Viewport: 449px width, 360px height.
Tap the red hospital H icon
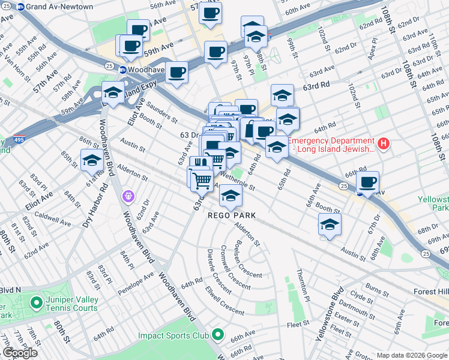click(383, 144)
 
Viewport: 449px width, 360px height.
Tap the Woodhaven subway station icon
click(122, 70)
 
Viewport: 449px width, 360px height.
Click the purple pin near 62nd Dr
click(127, 196)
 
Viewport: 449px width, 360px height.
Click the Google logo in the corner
click(20, 353)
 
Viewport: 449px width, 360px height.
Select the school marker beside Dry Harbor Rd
click(92, 160)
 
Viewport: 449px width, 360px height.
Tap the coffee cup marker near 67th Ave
click(367, 182)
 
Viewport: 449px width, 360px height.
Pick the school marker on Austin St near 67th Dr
click(330, 224)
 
